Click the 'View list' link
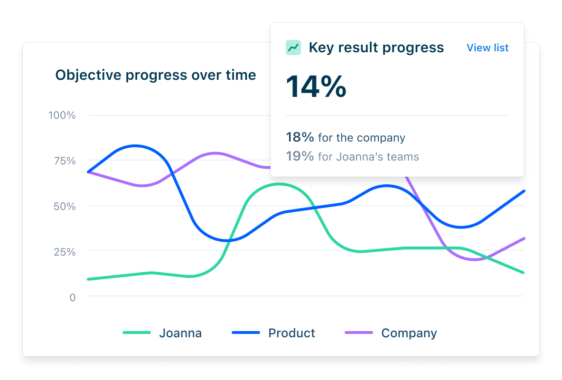[x=487, y=47]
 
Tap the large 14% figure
[x=316, y=87]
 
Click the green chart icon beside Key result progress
[x=293, y=47]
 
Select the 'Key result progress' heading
[x=376, y=47]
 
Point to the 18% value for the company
[x=300, y=138]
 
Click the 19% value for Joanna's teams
[x=300, y=156]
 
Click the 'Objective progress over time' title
[x=156, y=75]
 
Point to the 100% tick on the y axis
[x=62, y=115]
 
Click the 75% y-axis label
[x=64, y=161]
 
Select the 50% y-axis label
[x=64, y=206]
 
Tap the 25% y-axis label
[x=64, y=251]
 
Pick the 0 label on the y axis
[x=72, y=297]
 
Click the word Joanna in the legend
[x=180, y=333]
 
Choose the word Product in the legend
[x=291, y=333]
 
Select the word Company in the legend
[x=409, y=333]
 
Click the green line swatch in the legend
[x=137, y=333]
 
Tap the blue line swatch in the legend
[x=246, y=333]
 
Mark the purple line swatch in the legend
[x=359, y=333]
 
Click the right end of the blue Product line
[x=524, y=191]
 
